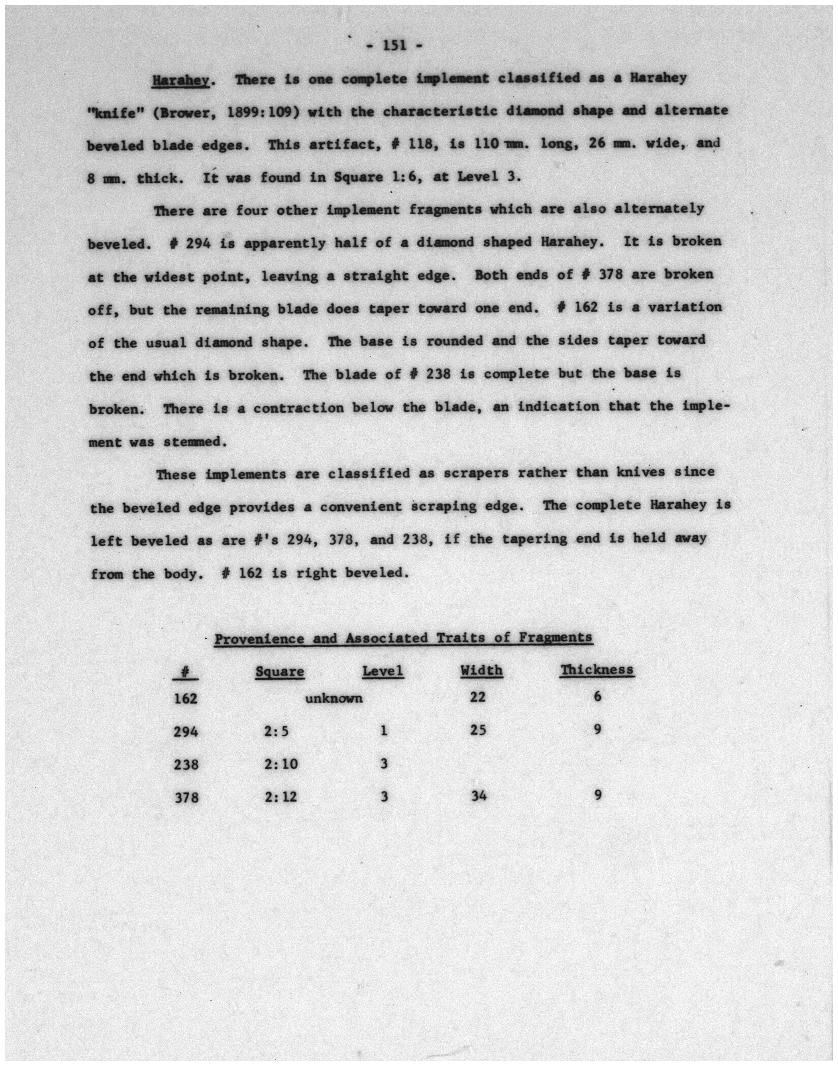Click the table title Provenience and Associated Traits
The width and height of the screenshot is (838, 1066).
coord(403,638)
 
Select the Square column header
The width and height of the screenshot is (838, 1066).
coord(280,672)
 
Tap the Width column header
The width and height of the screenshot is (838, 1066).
coord(481,671)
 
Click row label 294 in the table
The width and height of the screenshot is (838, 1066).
coord(186,732)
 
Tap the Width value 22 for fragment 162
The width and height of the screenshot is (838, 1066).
coord(477,697)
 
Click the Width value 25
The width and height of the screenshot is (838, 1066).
coord(478,730)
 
